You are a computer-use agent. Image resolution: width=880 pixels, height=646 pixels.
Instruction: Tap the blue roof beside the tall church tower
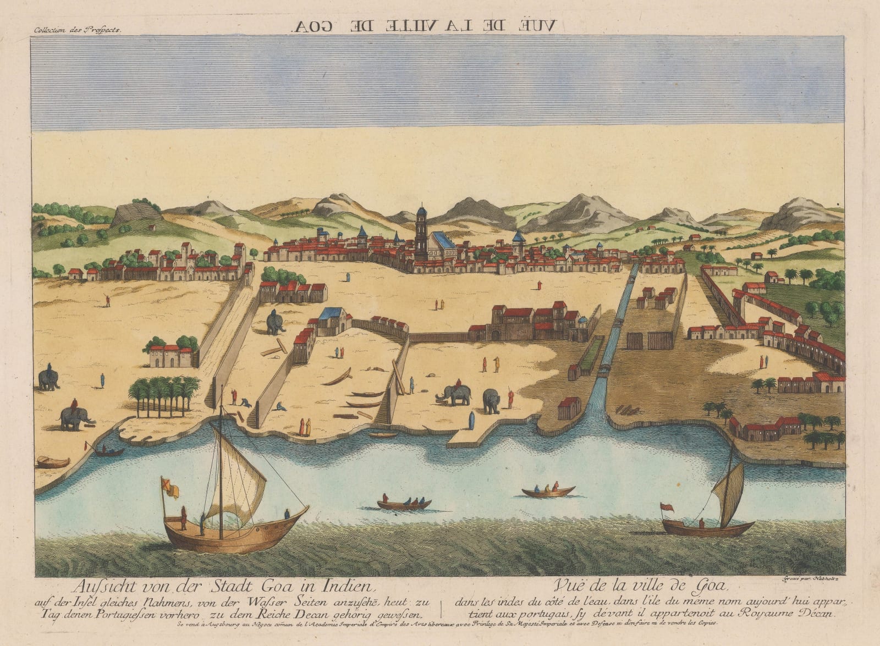443,240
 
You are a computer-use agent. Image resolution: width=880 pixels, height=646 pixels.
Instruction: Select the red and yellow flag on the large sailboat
169,488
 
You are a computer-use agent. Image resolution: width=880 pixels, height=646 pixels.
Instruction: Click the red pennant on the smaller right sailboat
666,507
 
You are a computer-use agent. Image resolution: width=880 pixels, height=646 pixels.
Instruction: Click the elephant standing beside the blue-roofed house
274,322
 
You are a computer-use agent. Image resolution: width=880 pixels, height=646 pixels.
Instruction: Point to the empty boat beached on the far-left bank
53,462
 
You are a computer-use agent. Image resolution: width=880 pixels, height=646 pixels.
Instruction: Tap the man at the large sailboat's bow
287,514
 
